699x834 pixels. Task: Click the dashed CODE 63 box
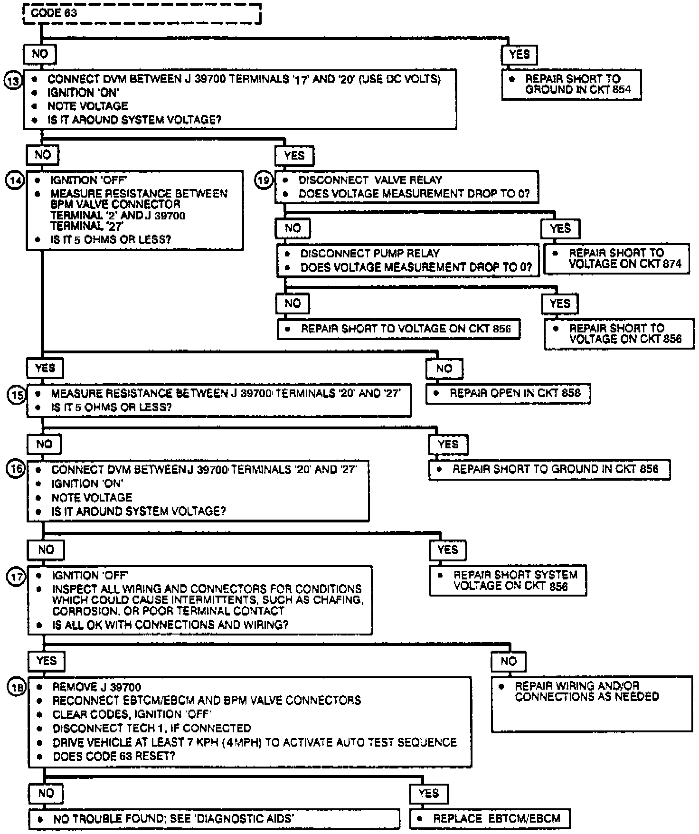pyautogui.click(x=142, y=13)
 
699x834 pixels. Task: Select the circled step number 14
pyautogui.click(x=15, y=180)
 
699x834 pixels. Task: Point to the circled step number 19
pyautogui.click(x=264, y=180)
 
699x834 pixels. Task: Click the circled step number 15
pyautogui.click(x=17, y=394)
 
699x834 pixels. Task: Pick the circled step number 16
pyautogui.click(x=16, y=469)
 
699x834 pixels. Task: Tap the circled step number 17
pyautogui.click(x=16, y=577)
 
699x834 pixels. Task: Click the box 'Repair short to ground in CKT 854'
pyautogui.click(x=571, y=85)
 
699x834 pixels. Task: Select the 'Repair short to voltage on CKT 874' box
pyautogui.click(x=616, y=259)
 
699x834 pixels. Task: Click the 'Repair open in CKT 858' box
pyautogui.click(x=508, y=394)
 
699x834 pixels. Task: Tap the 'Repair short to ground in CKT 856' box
pyautogui.click(x=549, y=470)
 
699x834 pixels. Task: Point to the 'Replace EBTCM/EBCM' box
pyautogui.click(x=490, y=819)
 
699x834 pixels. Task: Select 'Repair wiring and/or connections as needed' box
pyautogui.click(x=592, y=703)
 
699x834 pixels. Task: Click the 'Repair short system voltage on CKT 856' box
pyautogui.click(x=508, y=580)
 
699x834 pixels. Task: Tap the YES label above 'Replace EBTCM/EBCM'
pyautogui.click(x=429, y=794)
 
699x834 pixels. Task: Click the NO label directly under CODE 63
pyautogui.click(x=40, y=54)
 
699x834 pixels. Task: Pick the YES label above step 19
pyautogui.click(x=294, y=155)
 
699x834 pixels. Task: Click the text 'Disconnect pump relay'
pyautogui.click(x=370, y=254)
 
